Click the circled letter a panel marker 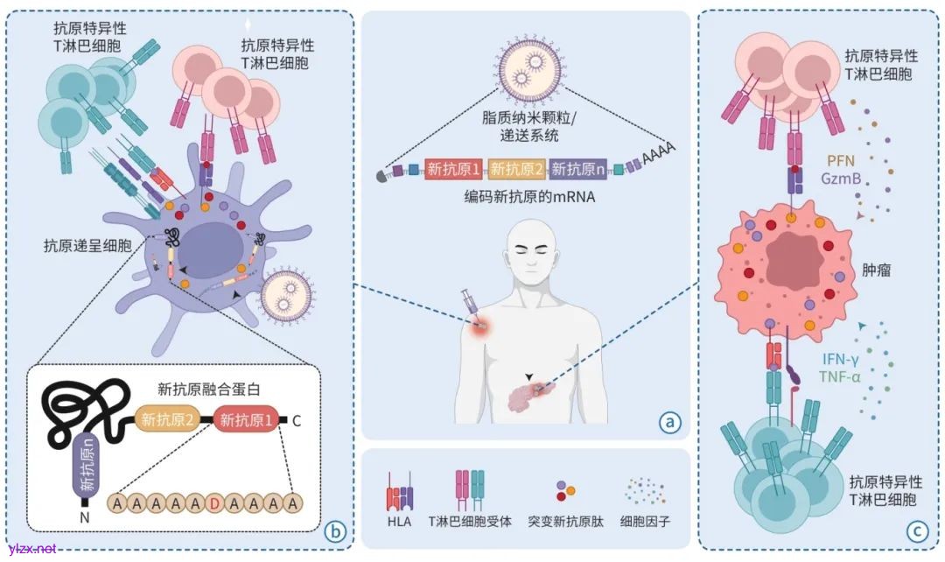pos(670,423)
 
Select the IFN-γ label pos(842,359)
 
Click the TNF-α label pos(841,376)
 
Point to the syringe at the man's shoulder pos(468,306)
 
